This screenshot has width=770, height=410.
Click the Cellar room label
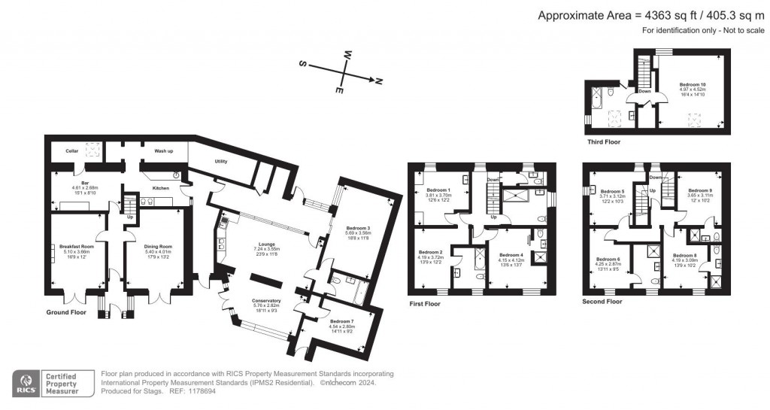tap(72, 151)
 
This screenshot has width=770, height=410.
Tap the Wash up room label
tap(165, 151)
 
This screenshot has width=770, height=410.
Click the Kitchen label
tap(162, 187)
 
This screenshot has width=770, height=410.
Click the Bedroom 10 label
tap(693, 84)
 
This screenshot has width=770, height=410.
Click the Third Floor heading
tap(605, 141)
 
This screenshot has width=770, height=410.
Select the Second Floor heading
tap(602, 302)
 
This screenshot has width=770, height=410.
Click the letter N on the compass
tap(379, 80)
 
